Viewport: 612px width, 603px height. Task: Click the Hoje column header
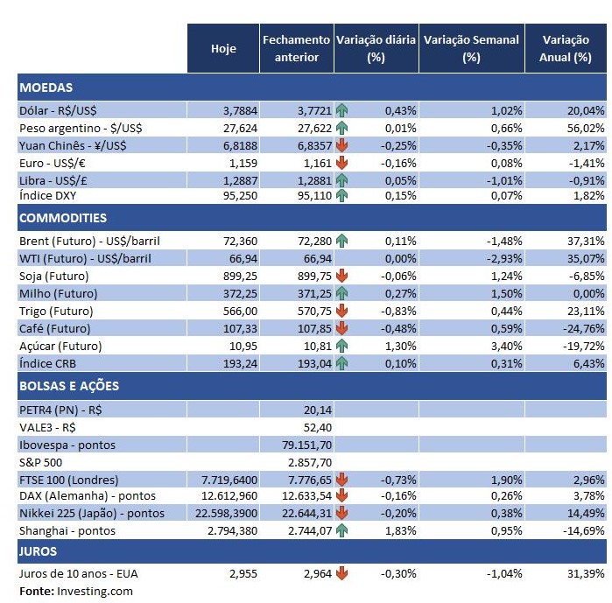point(223,48)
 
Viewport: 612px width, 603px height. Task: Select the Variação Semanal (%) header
point(471,48)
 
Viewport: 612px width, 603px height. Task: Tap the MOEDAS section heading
point(46,88)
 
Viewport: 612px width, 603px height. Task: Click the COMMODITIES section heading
point(62,218)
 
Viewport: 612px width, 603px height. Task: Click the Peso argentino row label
point(81,128)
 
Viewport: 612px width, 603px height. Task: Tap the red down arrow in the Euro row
point(341,162)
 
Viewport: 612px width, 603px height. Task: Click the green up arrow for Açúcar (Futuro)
point(341,346)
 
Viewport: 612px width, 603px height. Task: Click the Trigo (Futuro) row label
point(60,311)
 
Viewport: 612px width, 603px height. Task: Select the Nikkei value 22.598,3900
point(223,513)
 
